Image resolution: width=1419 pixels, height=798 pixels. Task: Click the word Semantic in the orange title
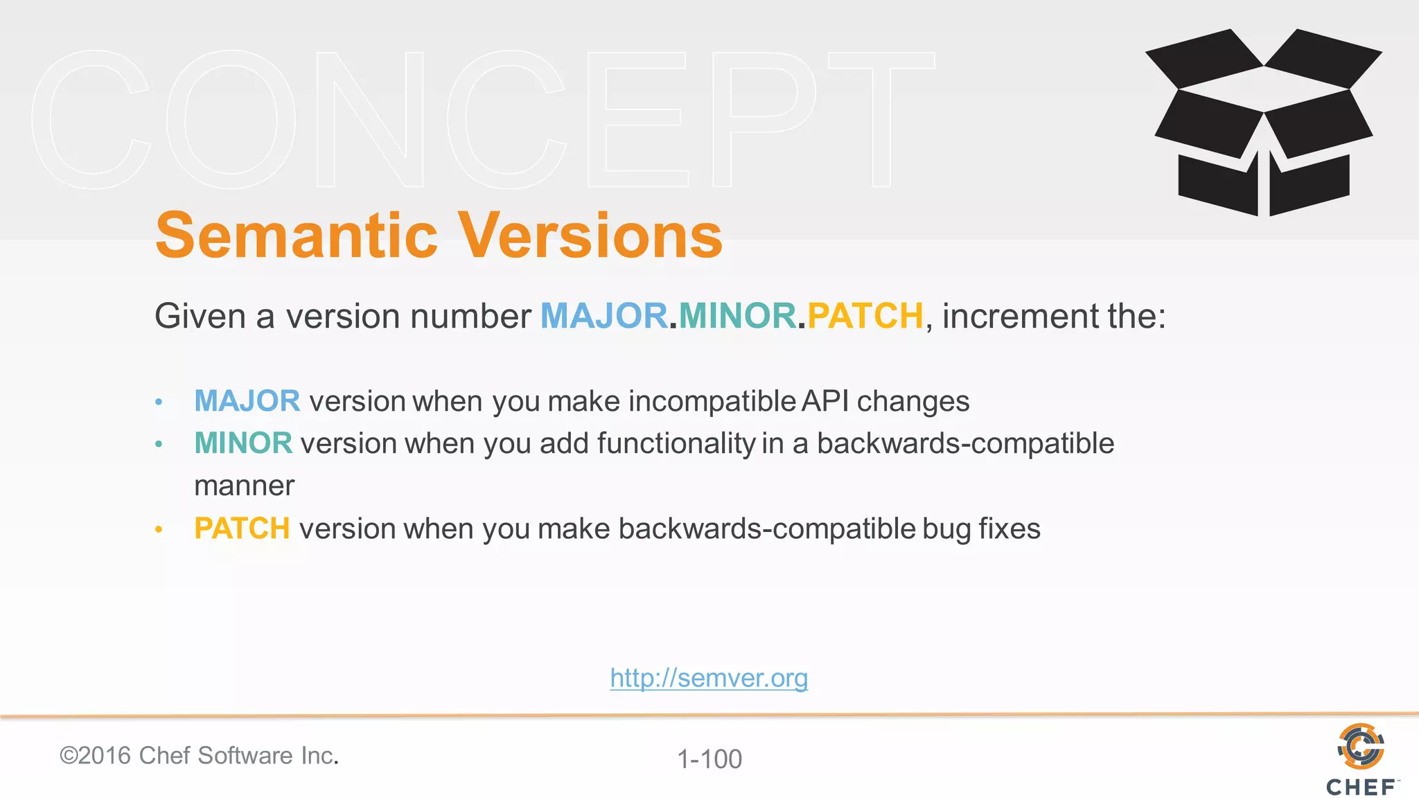tap(297, 236)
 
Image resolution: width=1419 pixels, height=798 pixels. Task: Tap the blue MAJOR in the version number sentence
tap(603, 316)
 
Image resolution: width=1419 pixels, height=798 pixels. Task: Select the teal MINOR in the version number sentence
tap(737, 316)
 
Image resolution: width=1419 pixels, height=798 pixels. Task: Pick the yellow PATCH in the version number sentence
tap(865, 316)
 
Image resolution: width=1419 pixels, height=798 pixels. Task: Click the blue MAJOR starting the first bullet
tap(247, 401)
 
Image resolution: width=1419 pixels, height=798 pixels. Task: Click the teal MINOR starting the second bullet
tap(243, 443)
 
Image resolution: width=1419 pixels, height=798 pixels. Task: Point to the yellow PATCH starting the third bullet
tap(242, 529)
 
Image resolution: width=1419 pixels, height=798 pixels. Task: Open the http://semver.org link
tap(709, 677)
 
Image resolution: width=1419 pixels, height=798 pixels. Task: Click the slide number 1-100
tap(709, 759)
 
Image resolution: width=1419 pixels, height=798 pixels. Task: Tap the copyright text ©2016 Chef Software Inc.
tap(199, 756)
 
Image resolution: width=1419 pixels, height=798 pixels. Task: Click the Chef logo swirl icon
tap(1360, 746)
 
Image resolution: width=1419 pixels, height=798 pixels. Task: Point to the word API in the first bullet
tap(825, 401)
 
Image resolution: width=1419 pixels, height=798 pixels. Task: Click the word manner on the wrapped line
tap(244, 486)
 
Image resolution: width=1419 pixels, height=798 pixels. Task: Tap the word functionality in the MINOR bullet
tap(676, 443)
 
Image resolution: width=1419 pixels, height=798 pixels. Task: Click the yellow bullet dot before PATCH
tap(159, 530)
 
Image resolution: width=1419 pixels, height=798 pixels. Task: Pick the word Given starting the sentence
tap(200, 316)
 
